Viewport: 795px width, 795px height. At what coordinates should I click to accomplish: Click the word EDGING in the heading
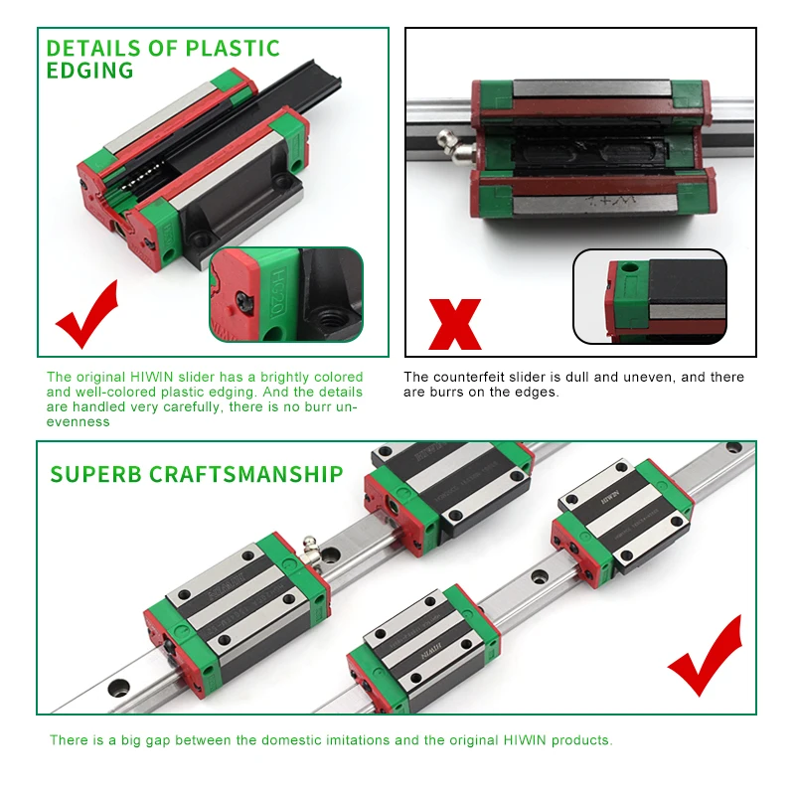[x=89, y=71]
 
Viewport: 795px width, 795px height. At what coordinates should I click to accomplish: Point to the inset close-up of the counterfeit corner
[x=650, y=296]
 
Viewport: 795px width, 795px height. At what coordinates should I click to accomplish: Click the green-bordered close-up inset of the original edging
[x=286, y=295]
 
